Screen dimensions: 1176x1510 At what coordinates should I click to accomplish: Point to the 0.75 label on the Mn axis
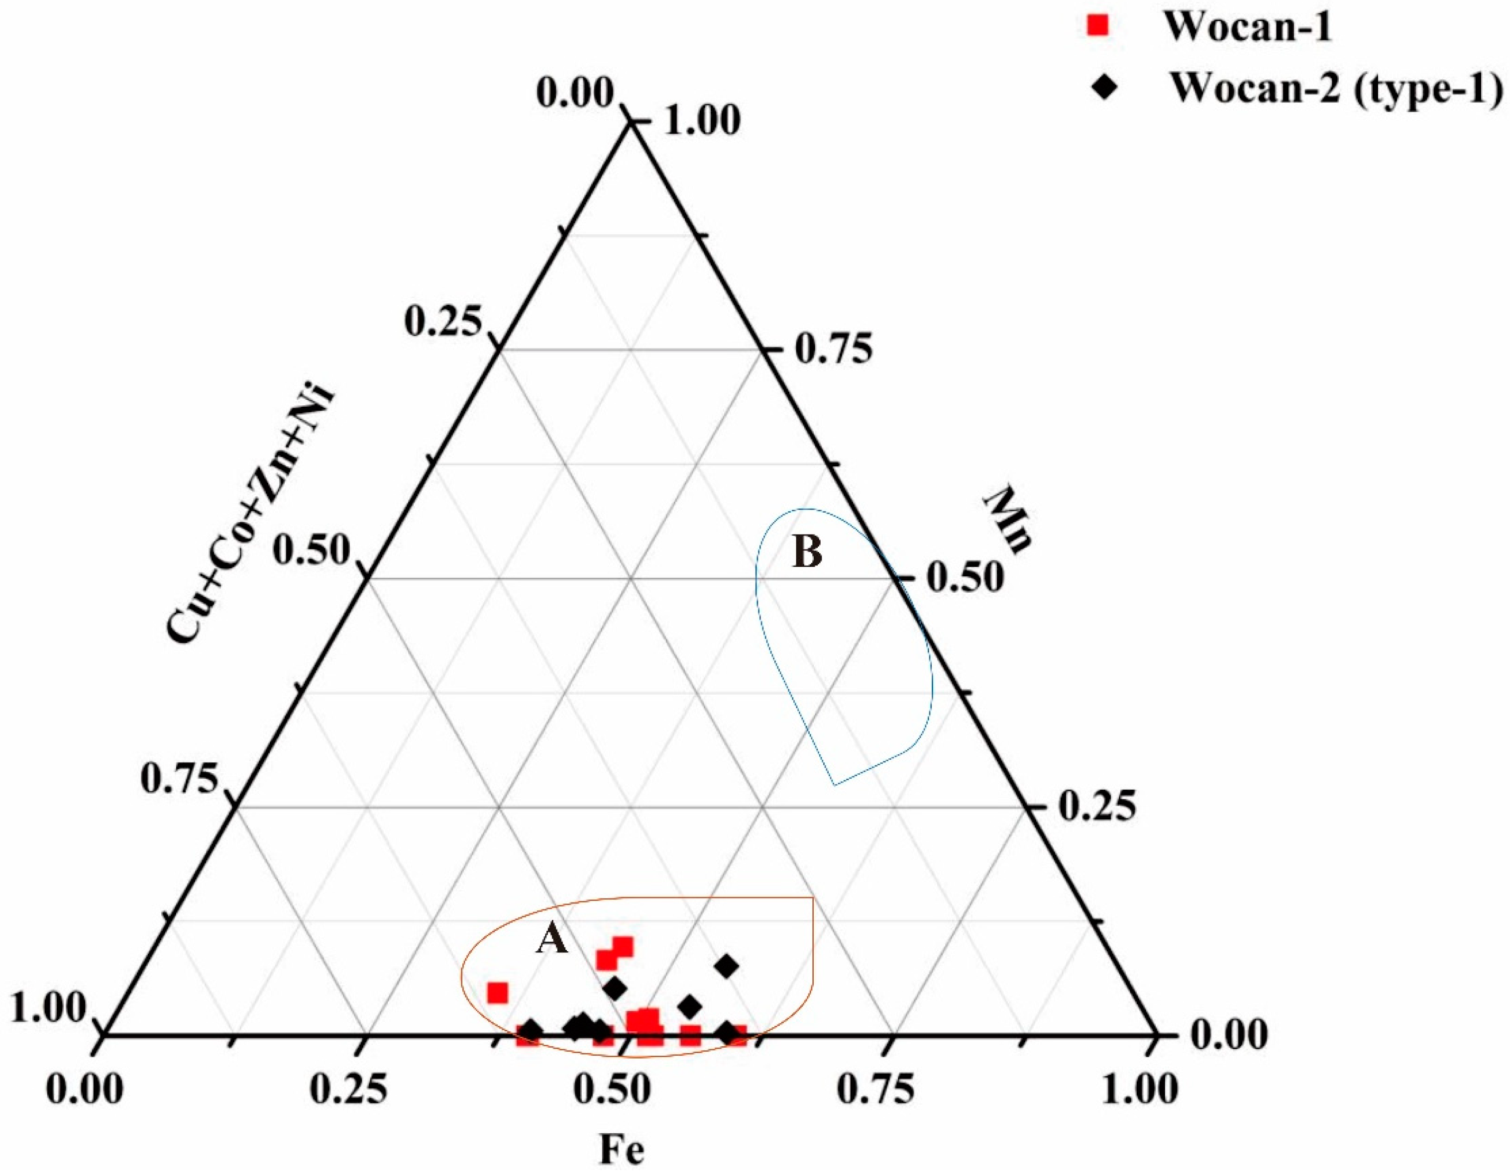tap(833, 350)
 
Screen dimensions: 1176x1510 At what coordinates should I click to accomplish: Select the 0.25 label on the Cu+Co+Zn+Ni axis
tap(442, 322)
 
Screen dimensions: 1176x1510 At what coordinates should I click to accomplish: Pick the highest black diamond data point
tap(727, 966)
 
